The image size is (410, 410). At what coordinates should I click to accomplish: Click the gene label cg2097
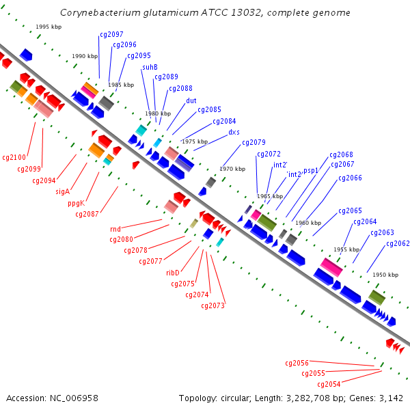[111, 35]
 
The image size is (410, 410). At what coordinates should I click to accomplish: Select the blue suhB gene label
[150, 67]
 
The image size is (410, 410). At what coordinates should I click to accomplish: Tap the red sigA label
[63, 191]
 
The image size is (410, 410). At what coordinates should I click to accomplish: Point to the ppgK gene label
[77, 203]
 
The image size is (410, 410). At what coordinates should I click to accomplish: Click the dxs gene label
[234, 133]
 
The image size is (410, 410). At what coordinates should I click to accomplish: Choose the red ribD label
[173, 273]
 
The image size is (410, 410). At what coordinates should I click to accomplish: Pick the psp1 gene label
[311, 171]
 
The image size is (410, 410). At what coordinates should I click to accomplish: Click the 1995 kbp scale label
[49, 27]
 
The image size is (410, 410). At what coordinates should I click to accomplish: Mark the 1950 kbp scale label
[385, 275]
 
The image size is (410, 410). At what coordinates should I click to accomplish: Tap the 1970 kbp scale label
[232, 169]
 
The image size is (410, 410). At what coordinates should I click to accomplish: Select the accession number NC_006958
[74, 398]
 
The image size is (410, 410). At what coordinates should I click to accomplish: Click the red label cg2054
[329, 384]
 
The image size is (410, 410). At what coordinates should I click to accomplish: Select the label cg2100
[14, 157]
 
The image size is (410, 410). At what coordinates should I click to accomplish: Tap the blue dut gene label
[191, 100]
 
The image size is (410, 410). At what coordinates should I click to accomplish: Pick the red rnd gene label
[115, 230]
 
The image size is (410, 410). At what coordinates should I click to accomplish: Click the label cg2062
[398, 243]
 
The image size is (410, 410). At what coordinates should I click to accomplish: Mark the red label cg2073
[213, 305]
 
